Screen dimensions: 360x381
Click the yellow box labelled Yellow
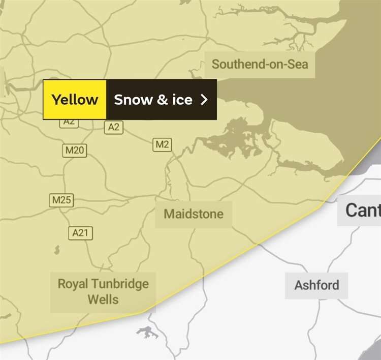(x=75, y=99)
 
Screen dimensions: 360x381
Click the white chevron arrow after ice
(x=204, y=99)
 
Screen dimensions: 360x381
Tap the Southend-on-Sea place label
(x=260, y=65)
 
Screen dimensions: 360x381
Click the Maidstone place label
(x=193, y=214)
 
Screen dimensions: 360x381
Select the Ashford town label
(x=316, y=285)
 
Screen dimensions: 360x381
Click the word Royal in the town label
(x=73, y=283)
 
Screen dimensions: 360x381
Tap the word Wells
(x=103, y=299)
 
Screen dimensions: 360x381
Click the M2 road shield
(x=162, y=144)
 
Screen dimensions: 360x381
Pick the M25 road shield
(x=61, y=200)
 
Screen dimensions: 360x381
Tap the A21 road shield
(x=80, y=233)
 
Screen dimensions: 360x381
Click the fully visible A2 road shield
(x=114, y=127)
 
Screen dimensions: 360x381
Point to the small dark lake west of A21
(x=56, y=250)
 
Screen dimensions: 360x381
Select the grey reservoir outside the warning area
(x=148, y=333)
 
